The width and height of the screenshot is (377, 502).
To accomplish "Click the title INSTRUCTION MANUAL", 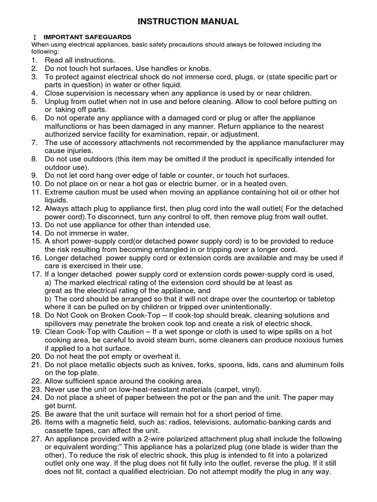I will (188, 21).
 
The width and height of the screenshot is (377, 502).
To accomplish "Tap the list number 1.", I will (34, 60).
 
